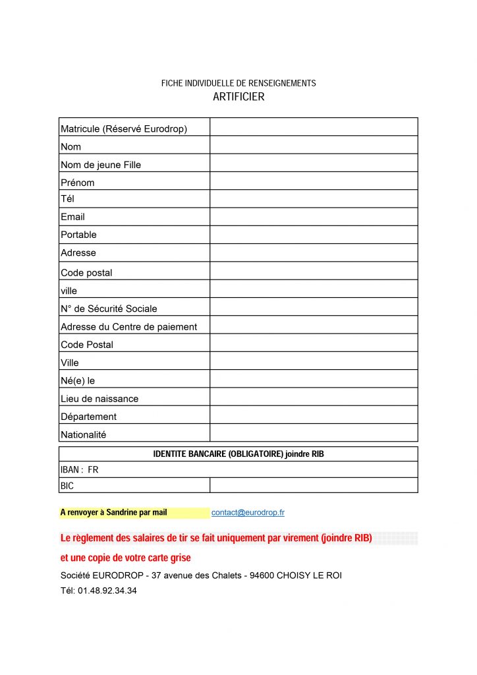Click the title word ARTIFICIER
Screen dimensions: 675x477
(x=238, y=97)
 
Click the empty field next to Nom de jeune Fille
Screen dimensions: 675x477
(x=314, y=163)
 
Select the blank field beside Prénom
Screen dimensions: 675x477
(x=314, y=181)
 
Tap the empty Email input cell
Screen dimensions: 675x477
(x=314, y=217)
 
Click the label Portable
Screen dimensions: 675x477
(x=78, y=235)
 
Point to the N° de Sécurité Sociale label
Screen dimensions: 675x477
(x=109, y=308)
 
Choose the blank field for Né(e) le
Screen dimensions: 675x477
(x=314, y=379)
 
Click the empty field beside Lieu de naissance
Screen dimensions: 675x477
(x=314, y=397)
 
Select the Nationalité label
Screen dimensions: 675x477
(x=83, y=434)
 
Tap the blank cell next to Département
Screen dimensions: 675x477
(x=314, y=415)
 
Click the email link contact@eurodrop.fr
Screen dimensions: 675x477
(x=248, y=512)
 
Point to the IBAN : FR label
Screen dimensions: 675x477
(x=79, y=470)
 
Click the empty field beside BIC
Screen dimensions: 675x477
(x=314, y=485)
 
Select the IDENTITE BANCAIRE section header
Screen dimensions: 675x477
(x=238, y=454)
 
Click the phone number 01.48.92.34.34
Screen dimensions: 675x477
(x=107, y=591)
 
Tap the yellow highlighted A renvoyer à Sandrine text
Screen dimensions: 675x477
(x=113, y=512)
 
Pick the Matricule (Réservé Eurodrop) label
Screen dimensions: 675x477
(x=124, y=129)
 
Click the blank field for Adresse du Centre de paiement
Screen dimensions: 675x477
(x=314, y=325)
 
